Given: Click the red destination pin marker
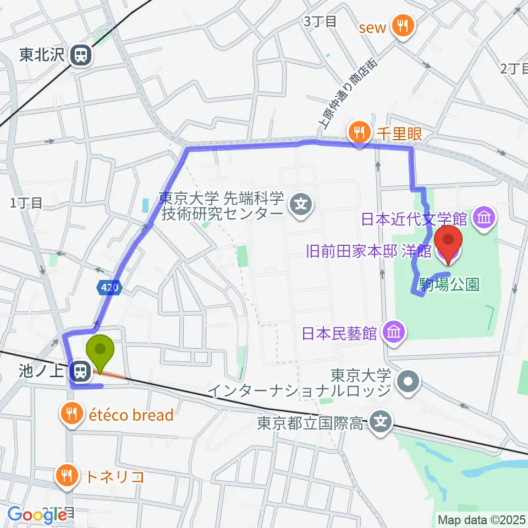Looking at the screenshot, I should pyautogui.click(x=448, y=243).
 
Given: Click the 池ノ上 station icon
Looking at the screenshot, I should pyautogui.click(x=81, y=372).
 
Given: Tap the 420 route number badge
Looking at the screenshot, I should pyautogui.click(x=107, y=287).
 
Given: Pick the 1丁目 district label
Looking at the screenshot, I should pyautogui.click(x=26, y=203).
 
